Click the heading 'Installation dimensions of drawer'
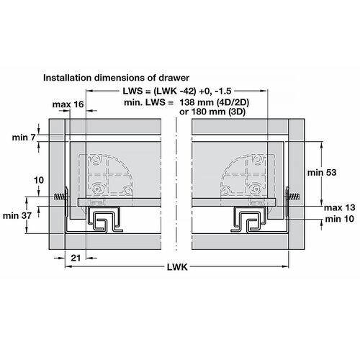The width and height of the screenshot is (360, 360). (x=116, y=78)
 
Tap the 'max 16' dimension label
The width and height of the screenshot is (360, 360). (x=68, y=104)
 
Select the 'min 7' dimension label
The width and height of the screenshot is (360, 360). (x=24, y=138)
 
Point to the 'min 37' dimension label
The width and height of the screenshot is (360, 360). (x=17, y=216)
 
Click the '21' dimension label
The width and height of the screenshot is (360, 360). (x=76, y=258)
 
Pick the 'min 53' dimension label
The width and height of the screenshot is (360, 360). (x=322, y=172)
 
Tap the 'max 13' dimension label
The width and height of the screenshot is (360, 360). (x=340, y=207)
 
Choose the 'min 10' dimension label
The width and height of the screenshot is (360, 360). (x=340, y=219)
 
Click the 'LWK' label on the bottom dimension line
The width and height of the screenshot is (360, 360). (x=177, y=267)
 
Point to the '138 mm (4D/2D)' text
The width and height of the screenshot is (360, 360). (x=215, y=102)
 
